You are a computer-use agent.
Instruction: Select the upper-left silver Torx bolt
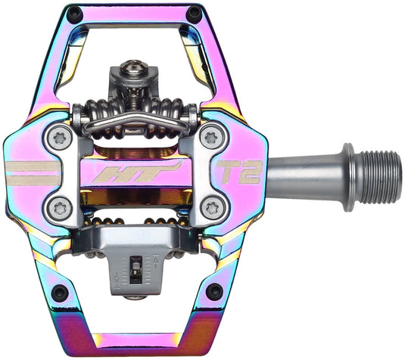click(x=59, y=137)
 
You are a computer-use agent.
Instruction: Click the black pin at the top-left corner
click(x=74, y=14)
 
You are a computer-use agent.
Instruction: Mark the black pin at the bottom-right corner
click(x=214, y=291)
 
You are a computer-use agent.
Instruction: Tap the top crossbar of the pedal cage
click(x=132, y=11)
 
